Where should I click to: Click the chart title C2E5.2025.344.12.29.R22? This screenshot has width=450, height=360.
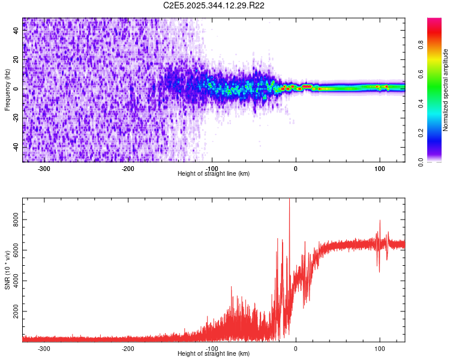click(x=214, y=5)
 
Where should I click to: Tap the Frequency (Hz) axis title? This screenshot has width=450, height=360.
click(x=7, y=89)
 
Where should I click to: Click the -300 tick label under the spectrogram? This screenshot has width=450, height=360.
click(x=44, y=169)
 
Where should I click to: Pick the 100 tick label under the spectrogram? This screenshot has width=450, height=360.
click(x=379, y=169)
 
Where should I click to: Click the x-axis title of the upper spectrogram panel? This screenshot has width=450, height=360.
click(x=214, y=174)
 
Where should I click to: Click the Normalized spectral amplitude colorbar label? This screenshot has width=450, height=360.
click(x=446, y=90)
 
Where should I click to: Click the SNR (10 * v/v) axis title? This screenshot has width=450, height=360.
click(x=7, y=269)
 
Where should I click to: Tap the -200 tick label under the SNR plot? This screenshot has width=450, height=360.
click(x=128, y=349)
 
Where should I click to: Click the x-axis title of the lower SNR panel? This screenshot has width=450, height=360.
click(x=214, y=354)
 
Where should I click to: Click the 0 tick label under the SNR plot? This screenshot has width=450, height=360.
click(x=295, y=349)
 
